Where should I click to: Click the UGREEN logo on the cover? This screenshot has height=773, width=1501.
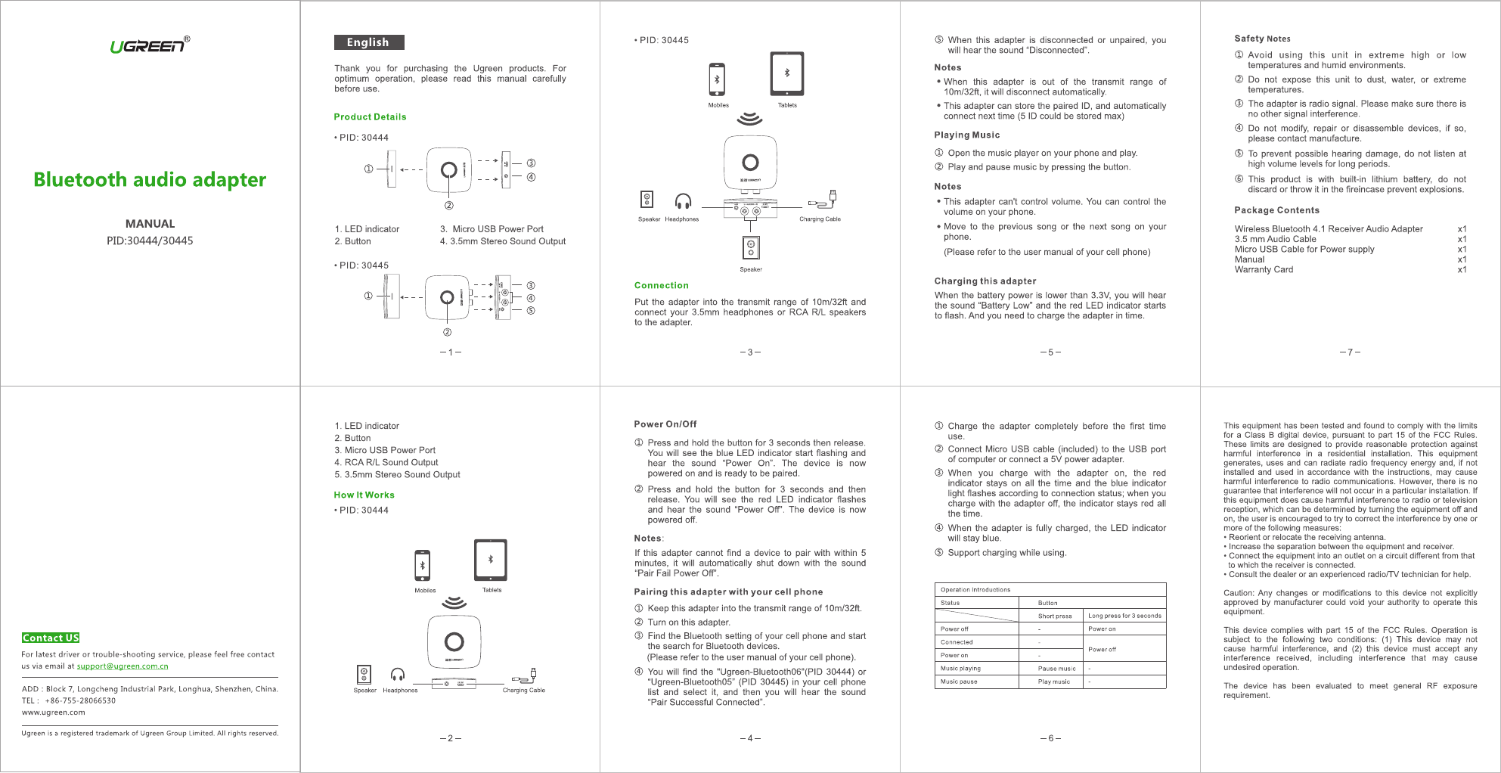click(x=149, y=45)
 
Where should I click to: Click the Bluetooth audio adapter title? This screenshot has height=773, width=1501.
click(x=150, y=179)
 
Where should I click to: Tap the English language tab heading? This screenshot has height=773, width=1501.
click(x=368, y=42)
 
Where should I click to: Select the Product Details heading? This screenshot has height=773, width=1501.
click(x=370, y=116)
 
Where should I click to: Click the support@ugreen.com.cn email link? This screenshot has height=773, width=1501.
click(x=122, y=666)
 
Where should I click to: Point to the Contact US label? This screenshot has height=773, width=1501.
click(x=51, y=638)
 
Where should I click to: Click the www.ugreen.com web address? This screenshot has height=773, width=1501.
click(x=54, y=712)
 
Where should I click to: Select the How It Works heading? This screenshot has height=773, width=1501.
click(x=364, y=495)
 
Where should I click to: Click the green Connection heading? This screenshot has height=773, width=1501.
click(x=661, y=285)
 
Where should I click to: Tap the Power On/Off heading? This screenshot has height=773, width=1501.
click(x=665, y=424)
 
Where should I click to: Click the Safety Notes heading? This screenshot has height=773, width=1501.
click(x=1262, y=39)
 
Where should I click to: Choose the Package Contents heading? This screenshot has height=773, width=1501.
click(x=1276, y=210)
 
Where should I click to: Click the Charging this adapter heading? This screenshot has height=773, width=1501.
click(x=985, y=281)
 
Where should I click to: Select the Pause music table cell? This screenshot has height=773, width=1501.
click(x=1056, y=669)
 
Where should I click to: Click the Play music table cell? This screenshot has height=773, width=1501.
click(x=1054, y=681)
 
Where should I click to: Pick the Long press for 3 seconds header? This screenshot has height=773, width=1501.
click(x=1124, y=616)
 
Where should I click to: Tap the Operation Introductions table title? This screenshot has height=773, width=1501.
click(x=975, y=590)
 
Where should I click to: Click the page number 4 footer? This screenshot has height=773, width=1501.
click(x=750, y=738)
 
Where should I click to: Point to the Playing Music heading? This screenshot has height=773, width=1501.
click(x=966, y=135)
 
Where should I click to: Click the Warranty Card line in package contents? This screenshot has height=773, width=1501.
click(x=1264, y=269)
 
